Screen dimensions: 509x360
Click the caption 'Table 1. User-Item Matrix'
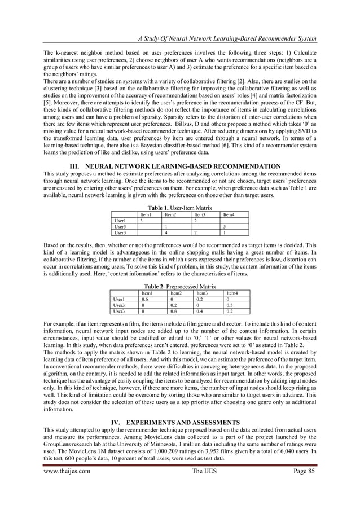(x=179, y=208)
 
